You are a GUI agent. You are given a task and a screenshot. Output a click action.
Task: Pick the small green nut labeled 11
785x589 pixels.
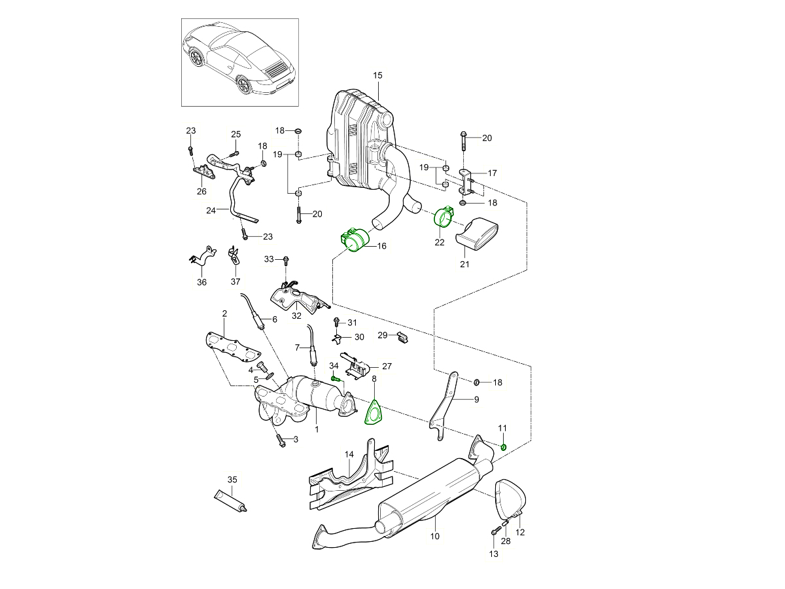(x=503, y=447)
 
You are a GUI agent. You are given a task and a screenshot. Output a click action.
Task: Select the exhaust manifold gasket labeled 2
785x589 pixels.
(x=230, y=347)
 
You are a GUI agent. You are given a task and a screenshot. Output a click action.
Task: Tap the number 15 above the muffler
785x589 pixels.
(x=377, y=76)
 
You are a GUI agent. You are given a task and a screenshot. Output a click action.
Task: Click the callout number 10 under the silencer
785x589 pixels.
(x=435, y=537)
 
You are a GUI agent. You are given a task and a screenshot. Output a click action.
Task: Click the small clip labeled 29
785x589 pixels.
(x=402, y=338)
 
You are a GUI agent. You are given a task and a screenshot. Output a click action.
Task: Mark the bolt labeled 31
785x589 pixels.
(x=336, y=322)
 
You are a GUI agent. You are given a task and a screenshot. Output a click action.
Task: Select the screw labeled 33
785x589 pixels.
(x=286, y=260)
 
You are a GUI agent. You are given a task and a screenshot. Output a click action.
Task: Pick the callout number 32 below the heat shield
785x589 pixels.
(x=296, y=315)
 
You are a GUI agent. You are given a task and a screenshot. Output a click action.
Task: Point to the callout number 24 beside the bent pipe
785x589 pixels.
(x=211, y=211)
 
